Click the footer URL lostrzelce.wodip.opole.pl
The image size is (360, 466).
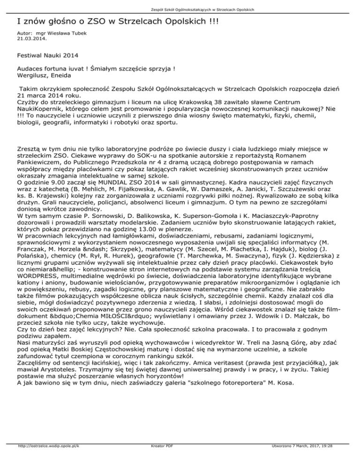tap(46, 459)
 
